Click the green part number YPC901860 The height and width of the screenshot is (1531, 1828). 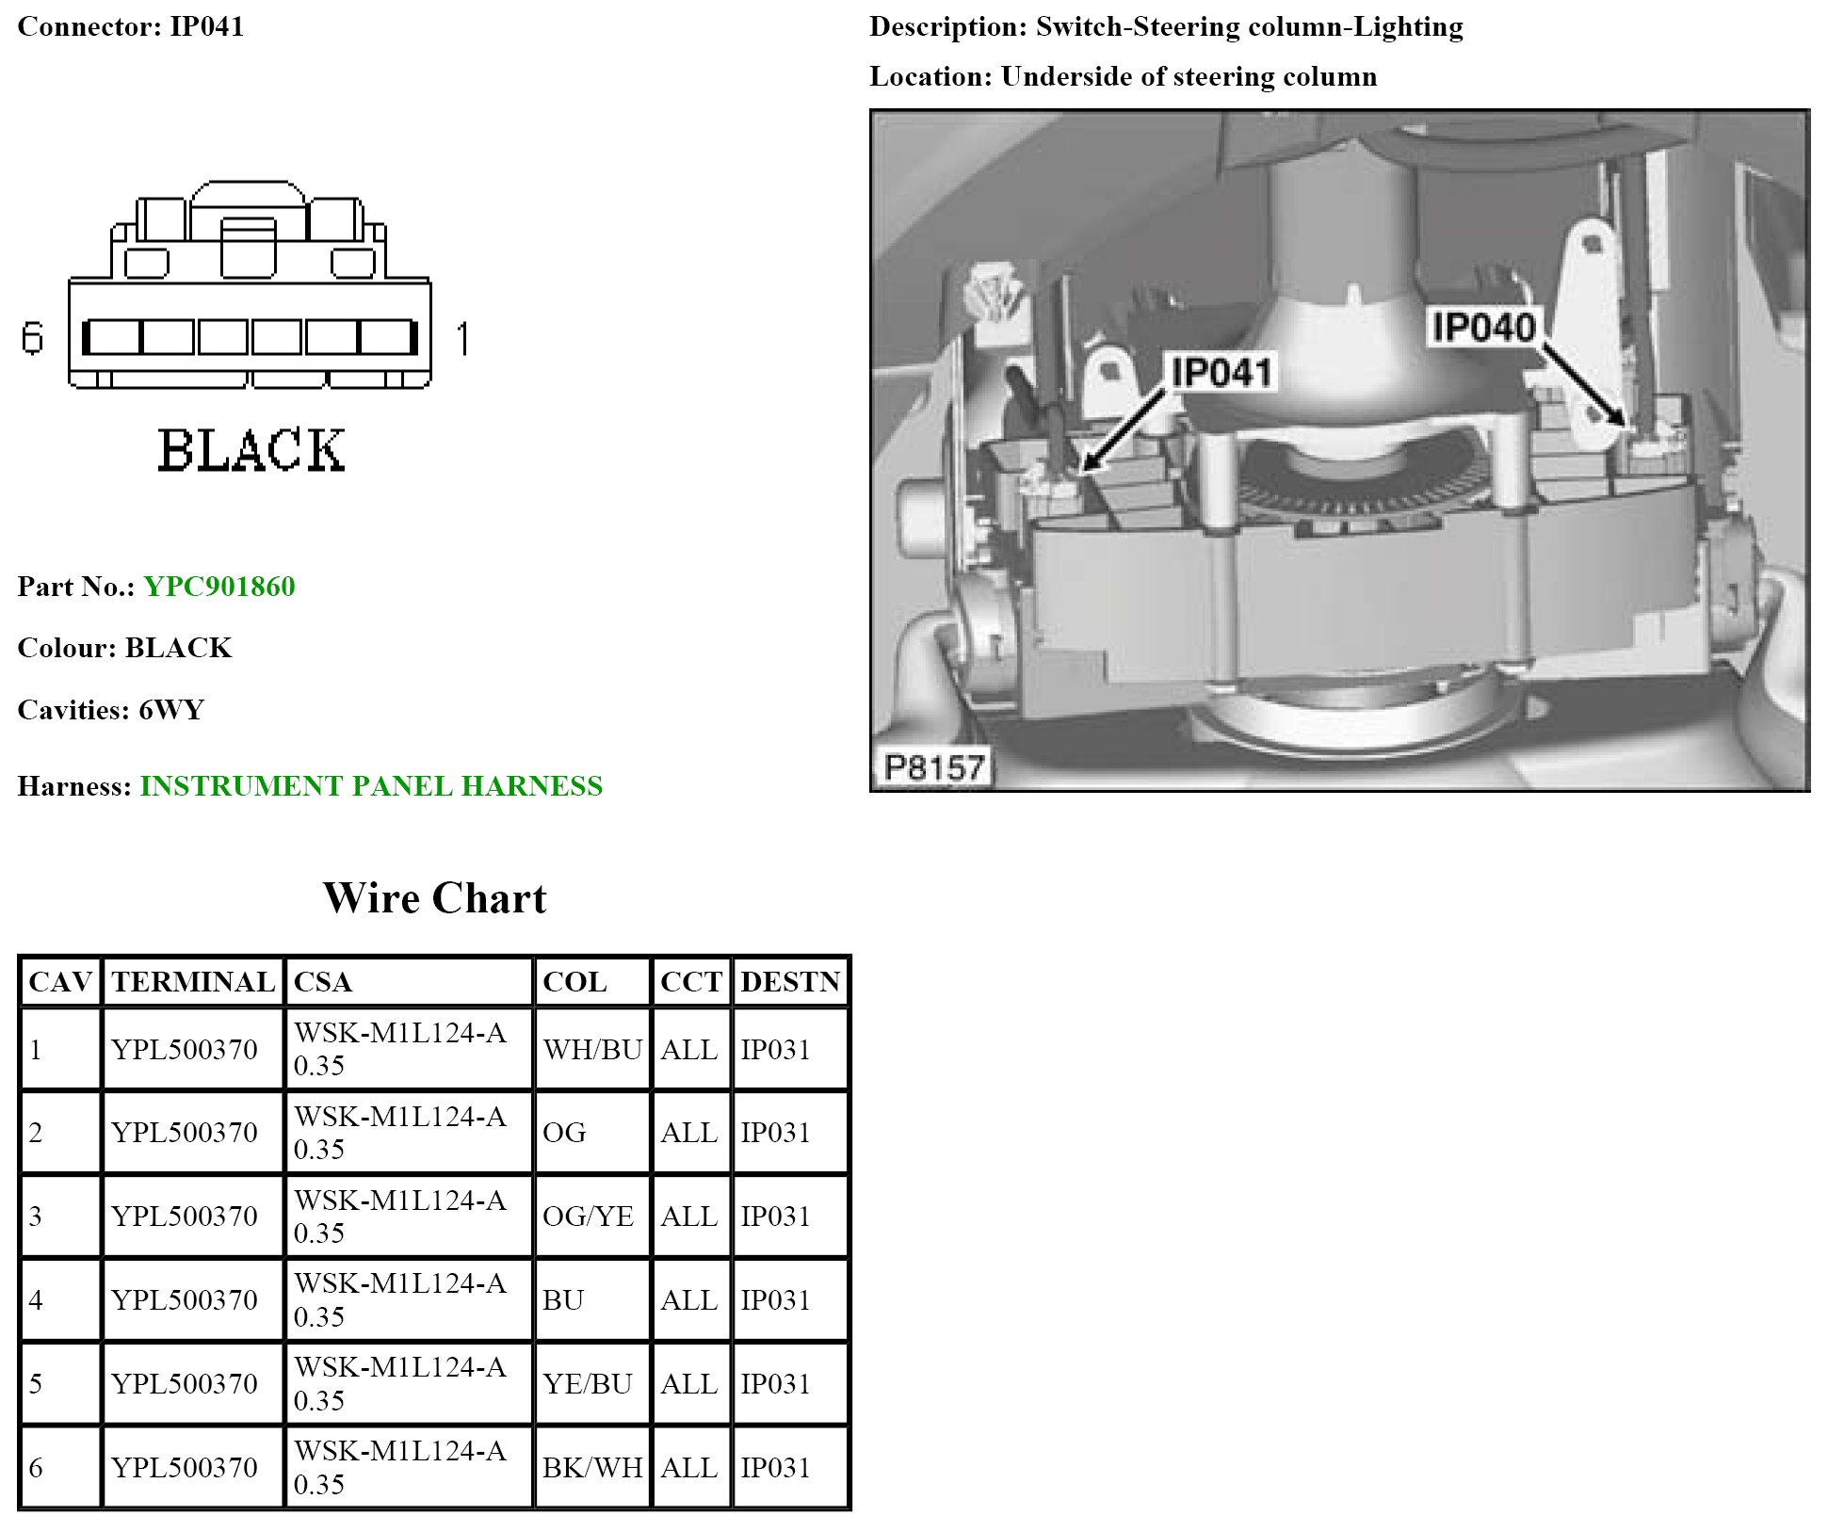click(219, 587)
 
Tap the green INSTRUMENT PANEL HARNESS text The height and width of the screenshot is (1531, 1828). click(371, 786)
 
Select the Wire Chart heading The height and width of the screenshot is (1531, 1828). click(434, 898)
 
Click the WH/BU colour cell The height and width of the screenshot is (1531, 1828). click(592, 1049)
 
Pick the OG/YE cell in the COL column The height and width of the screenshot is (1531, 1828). click(588, 1216)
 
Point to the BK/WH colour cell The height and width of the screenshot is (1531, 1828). click(592, 1467)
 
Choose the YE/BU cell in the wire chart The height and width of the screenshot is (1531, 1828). click(587, 1383)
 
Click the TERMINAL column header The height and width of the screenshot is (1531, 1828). click(193, 982)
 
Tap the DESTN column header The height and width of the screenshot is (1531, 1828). click(789, 982)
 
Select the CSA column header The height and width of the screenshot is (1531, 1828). click(322, 982)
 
